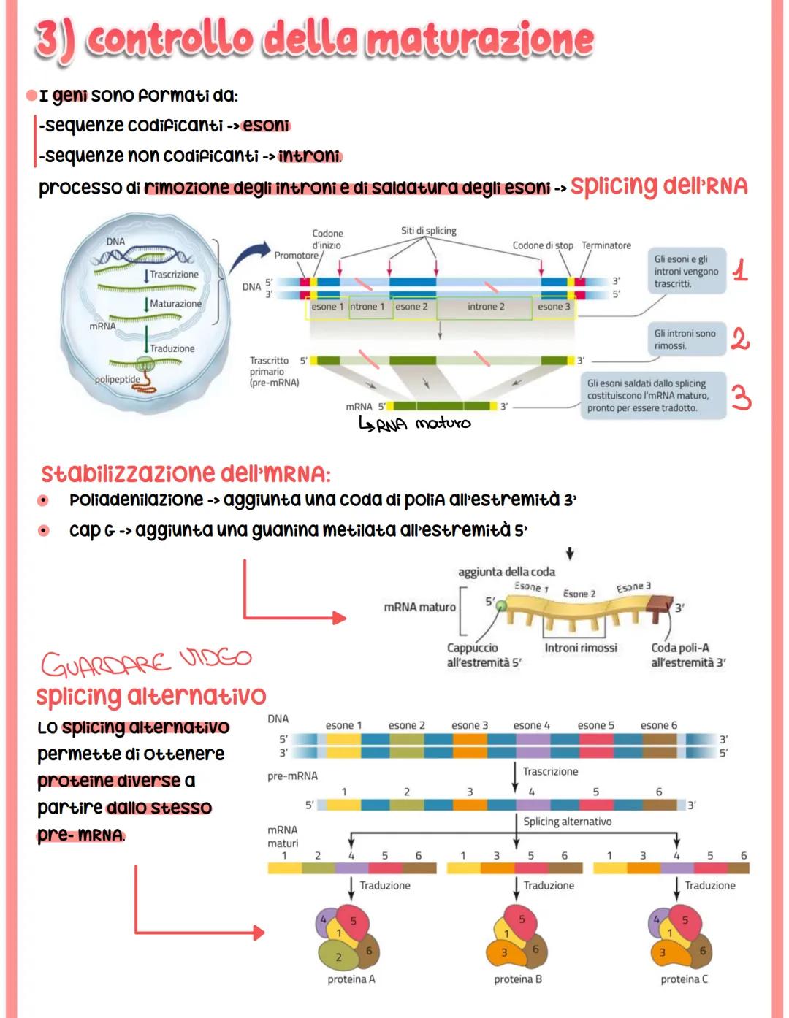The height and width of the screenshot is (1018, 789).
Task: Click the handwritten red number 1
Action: (x=740, y=271)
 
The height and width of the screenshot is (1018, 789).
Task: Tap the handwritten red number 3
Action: (x=741, y=399)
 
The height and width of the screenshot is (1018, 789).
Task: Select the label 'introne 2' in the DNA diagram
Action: (x=486, y=307)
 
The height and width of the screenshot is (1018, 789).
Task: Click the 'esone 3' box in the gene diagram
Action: (x=554, y=307)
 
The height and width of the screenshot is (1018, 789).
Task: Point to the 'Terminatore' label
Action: (x=606, y=245)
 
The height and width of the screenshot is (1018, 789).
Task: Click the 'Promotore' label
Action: (x=296, y=256)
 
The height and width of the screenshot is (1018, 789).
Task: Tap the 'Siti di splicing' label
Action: (x=429, y=231)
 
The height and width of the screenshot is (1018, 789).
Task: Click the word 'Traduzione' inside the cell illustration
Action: (x=172, y=349)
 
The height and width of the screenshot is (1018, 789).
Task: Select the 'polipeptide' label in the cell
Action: (x=117, y=380)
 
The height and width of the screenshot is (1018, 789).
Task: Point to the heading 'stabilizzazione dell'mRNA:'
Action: (x=186, y=474)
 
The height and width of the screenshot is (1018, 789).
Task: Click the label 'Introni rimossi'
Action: (x=581, y=648)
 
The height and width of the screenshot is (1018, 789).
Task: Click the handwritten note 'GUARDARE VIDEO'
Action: (x=146, y=662)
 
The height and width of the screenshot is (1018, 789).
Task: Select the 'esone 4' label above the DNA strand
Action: (x=531, y=725)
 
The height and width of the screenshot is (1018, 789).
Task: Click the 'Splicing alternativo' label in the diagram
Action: (x=567, y=822)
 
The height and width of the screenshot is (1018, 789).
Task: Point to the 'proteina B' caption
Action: (x=517, y=979)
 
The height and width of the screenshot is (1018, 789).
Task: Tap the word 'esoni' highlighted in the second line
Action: (x=266, y=126)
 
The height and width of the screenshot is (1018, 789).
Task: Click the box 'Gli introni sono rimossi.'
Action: (x=685, y=340)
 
